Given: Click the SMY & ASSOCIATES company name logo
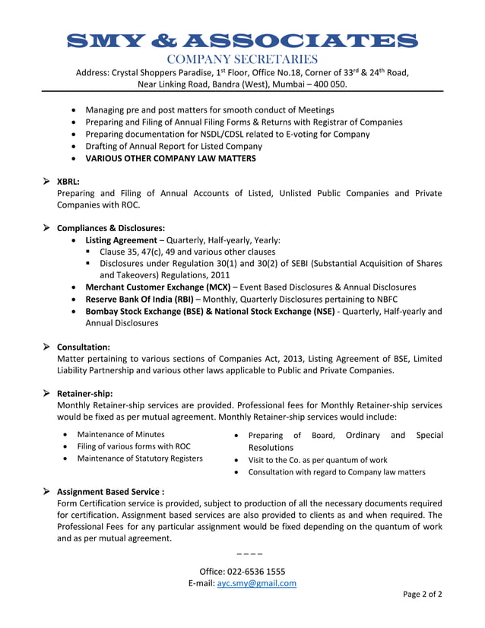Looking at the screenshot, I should [x=242, y=40].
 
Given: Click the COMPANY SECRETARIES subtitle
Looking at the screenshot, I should [x=242, y=59].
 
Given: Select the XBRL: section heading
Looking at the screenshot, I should [x=68, y=181].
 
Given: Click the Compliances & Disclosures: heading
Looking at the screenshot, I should [x=111, y=227].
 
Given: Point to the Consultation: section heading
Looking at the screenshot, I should [x=84, y=347].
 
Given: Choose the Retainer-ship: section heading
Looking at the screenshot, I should [x=85, y=393].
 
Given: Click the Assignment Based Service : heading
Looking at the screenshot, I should [x=111, y=491].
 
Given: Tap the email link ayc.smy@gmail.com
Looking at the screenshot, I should [x=256, y=583].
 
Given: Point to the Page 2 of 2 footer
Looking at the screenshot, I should [x=423, y=595].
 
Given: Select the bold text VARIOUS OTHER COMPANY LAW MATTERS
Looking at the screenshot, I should [x=170, y=158].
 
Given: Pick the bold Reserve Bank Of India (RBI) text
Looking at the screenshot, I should [x=139, y=299].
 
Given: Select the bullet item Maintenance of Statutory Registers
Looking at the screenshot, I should [x=140, y=458].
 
